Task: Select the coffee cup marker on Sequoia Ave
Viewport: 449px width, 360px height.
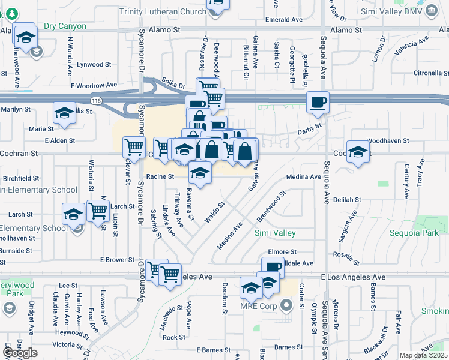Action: (x=317, y=101)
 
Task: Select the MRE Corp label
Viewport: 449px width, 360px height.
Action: (x=257, y=306)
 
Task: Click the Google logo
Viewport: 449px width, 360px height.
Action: (x=20, y=353)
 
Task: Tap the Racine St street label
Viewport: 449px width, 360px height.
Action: (x=160, y=176)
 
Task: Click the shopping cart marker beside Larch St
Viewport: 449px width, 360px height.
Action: (x=97, y=210)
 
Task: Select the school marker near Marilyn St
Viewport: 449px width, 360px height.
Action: (x=64, y=112)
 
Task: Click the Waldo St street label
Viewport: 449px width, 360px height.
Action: (x=214, y=212)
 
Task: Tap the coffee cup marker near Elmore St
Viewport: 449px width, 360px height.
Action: (x=273, y=266)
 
